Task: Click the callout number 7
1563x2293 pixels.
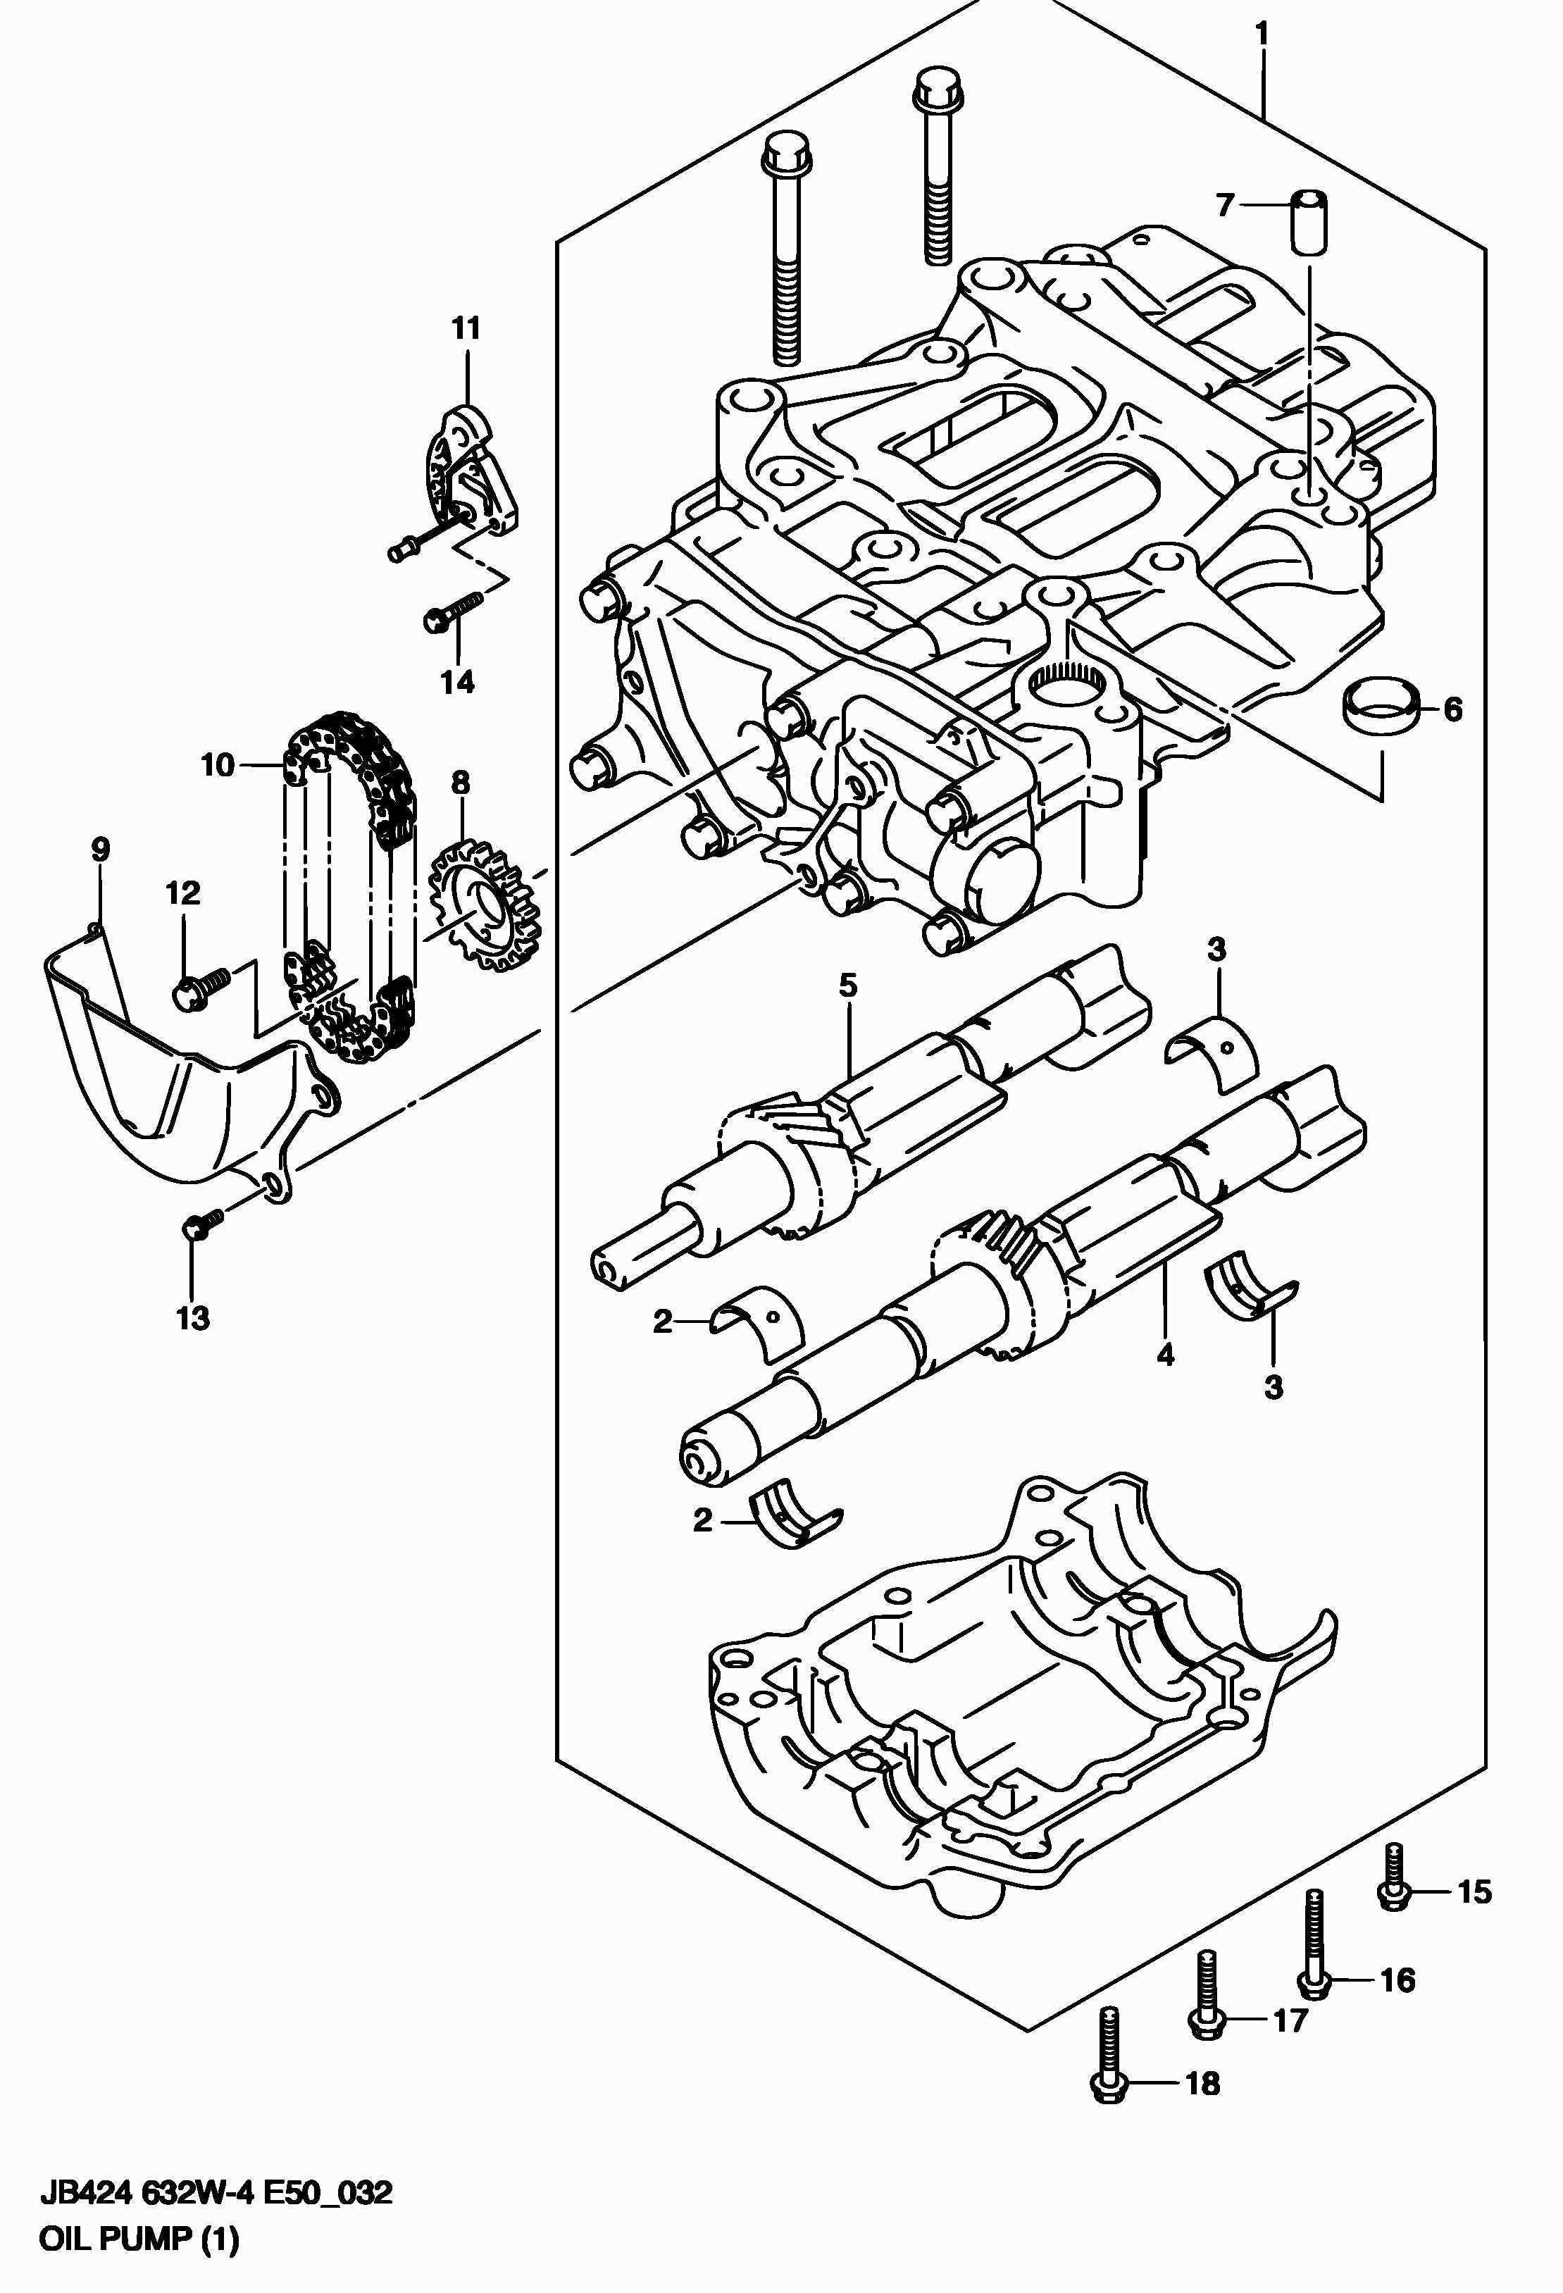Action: click(1224, 205)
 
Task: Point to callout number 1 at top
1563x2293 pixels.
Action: click(1261, 35)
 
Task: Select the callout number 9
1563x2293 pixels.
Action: click(101, 850)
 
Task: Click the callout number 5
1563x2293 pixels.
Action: click(849, 985)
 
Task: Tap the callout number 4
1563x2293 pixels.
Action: click(1165, 1355)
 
